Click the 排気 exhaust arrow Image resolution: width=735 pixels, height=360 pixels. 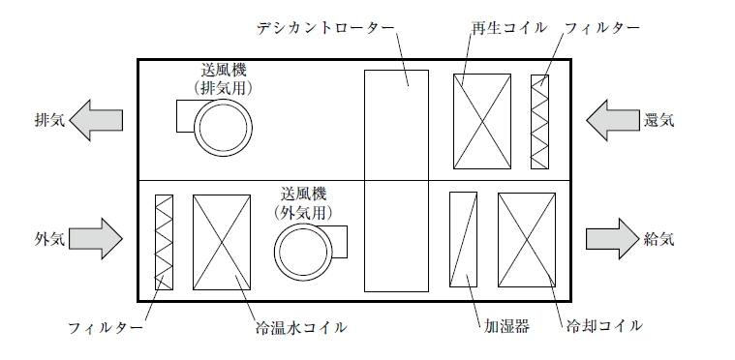click(96, 120)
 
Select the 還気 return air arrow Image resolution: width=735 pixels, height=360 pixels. click(613, 120)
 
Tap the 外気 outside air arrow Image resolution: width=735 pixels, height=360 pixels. click(96, 239)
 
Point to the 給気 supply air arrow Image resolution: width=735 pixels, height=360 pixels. click(613, 239)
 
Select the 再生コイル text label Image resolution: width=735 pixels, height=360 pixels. click(508, 28)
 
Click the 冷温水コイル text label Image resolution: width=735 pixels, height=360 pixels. click(301, 327)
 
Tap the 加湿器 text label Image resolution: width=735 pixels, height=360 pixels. click(506, 326)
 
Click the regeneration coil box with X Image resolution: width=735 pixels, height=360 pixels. click(482, 121)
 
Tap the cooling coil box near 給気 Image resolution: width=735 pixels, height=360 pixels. click(527, 240)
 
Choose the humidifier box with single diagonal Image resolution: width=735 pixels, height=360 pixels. click(463, 239)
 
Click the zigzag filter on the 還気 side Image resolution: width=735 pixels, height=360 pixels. click(539, 122)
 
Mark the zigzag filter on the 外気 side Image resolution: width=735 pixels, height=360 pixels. click(164, 242)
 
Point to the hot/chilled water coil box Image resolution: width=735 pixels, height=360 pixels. click(222, 242)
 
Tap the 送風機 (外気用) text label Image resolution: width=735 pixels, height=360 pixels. click(304, 203)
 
